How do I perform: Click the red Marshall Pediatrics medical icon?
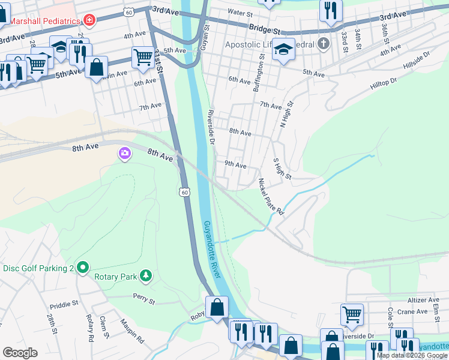[x=90, y=20]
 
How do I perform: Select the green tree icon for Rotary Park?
[x=145, y=276]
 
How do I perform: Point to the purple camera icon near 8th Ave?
[x=124, y=154]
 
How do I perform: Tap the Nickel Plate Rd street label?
[x=270, y=196]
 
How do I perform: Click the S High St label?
[x=282, y=169]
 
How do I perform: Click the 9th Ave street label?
[x=235, y=164]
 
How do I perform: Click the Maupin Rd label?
[x=132, y=331]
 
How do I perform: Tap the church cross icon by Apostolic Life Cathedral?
[x=324, y=43]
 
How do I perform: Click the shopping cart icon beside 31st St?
[x=143, y=58]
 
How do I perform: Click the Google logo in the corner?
[x=20, y=353]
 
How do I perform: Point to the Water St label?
[x=240, y=12]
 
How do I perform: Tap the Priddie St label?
[x=64, y=304]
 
